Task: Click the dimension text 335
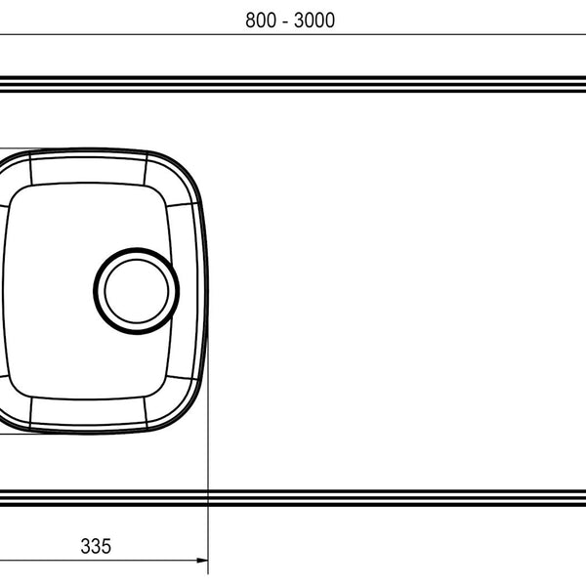(x=96, y=546)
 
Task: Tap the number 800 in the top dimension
(x=261, y=21)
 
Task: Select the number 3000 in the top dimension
(x=314, y=21)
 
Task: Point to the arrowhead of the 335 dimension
(x=202, y=561)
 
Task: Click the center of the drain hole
(x=137, y=291)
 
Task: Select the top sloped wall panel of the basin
(x=88, y=170)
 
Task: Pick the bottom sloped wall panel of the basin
(x=88, y=411)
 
